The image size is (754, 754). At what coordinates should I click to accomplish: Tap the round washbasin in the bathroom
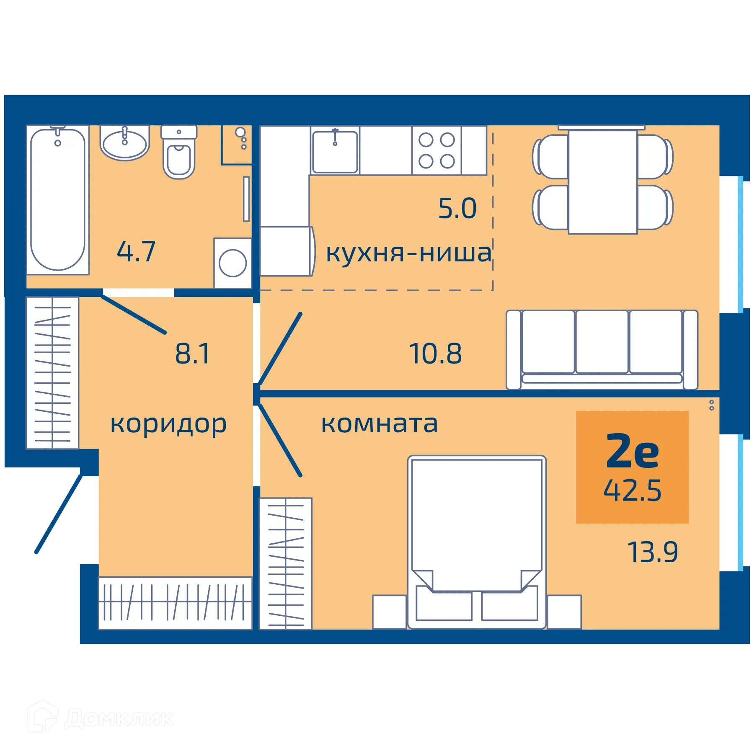pos(124,144)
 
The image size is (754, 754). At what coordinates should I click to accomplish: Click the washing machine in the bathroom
pos(232,263)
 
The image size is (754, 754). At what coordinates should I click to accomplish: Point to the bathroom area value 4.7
pos(136,252)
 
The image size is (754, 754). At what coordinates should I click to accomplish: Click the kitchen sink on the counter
pos(335,152)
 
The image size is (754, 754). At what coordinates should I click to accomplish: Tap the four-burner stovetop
pos(436,150)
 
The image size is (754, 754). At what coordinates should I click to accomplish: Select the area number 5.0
pos(457,208)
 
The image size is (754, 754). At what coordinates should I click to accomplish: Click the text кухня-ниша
pos(408,253)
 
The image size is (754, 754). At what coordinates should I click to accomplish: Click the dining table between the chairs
pos(602,182)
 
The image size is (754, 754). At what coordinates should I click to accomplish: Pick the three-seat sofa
pos(602,349)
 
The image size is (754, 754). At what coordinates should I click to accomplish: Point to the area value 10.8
pos(435,354)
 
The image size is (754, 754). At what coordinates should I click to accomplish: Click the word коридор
pos(168,424)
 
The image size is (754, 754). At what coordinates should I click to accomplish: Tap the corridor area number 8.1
pos(192,354)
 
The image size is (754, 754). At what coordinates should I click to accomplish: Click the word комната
pos(380,424)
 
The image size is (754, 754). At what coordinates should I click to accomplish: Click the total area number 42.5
pos(632,491)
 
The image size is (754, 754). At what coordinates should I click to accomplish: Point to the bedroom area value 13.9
pos(652,552)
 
